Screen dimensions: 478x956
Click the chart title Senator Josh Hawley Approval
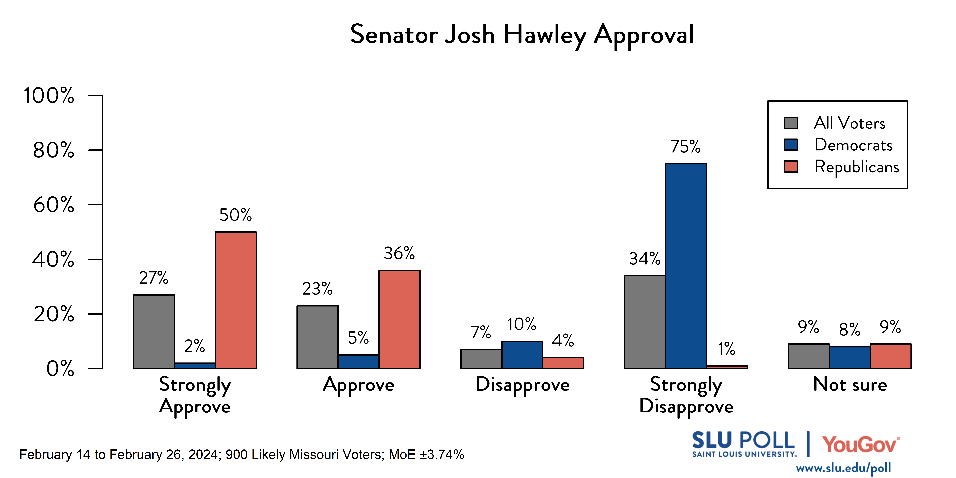pos(522,34)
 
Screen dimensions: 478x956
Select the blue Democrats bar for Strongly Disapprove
pos(686,266)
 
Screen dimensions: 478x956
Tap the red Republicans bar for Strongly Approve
pos(236,300)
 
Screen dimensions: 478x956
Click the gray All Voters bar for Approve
pos(317,337)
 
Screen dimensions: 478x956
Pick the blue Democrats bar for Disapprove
pos(522,355)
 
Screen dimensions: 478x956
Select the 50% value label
pos(235,215)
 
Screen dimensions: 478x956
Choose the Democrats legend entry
pos(853,145)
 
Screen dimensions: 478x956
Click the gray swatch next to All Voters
pos(791,123)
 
